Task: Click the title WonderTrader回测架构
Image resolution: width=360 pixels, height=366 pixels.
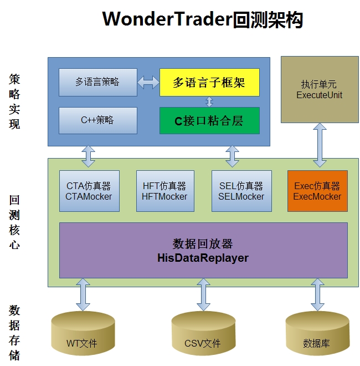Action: click(203, 19)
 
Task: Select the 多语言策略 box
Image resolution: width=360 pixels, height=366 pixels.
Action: click(97, 82)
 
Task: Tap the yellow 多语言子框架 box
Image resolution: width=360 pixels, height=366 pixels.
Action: click(209, 82)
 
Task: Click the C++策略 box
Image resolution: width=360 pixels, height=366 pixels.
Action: click(97, 120)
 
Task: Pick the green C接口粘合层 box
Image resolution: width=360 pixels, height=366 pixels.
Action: click(209, 120)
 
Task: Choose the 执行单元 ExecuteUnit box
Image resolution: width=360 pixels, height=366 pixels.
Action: click(320, 89)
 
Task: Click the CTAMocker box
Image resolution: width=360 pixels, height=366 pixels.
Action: click(89, 191)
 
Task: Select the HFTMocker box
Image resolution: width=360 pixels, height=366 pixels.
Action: click(164, 191)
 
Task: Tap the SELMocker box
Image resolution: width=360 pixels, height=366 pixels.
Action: click(241, 191)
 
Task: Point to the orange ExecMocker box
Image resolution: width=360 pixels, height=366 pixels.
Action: click(317, 191)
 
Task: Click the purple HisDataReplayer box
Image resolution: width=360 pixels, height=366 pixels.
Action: click(203, 250)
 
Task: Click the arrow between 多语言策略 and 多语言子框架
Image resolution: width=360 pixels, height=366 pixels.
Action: click(148, 82)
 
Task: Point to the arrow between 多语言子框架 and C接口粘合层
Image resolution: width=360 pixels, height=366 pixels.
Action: click(209, 101)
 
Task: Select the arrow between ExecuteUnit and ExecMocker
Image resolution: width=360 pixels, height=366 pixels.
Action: click(320, 146)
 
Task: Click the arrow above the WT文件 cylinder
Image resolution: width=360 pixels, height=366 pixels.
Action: click(83, 294)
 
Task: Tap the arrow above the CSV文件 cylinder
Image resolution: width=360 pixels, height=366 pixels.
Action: click(203, 294)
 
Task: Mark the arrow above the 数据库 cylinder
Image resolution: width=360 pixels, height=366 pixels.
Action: click(317, 294)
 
